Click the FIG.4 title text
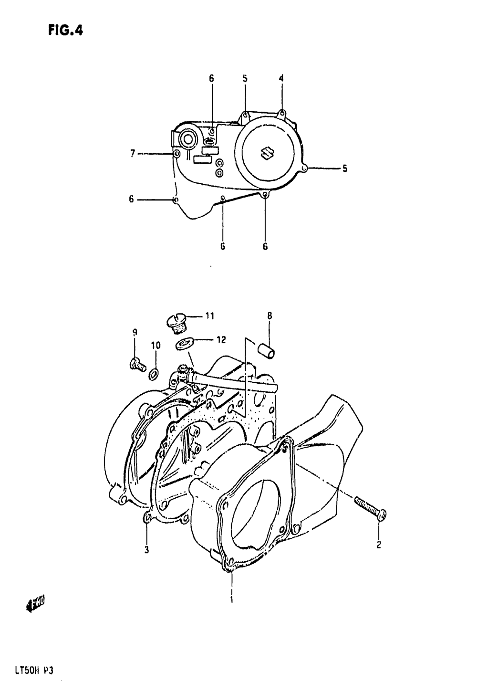coord(65,31)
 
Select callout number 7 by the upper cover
coord(133,153)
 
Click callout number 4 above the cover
coord(281,78)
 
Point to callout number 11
coord(210,316)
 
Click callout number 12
coord(220,340)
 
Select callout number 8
coord(270,315)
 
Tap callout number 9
coord(135,333)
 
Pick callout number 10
coord(156,345)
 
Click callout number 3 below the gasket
coord(147,550)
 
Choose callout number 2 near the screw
coord(379,545)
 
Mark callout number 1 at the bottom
coord(231,598)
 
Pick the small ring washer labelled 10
coord(154,375)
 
